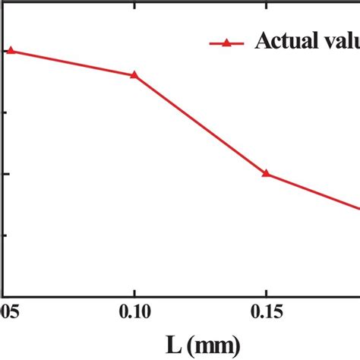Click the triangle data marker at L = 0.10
[x=134, y=74]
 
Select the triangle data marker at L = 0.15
[x=266, y=173]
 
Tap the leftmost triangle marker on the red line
[x=10, y=51]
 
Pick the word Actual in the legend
[x=285, y=41]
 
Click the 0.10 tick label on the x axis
[x=134, y=312]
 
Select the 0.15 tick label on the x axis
[x=266, y=312]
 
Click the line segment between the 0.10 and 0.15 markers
[x=200, y=124]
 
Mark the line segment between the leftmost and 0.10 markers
[x=72, y=63]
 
